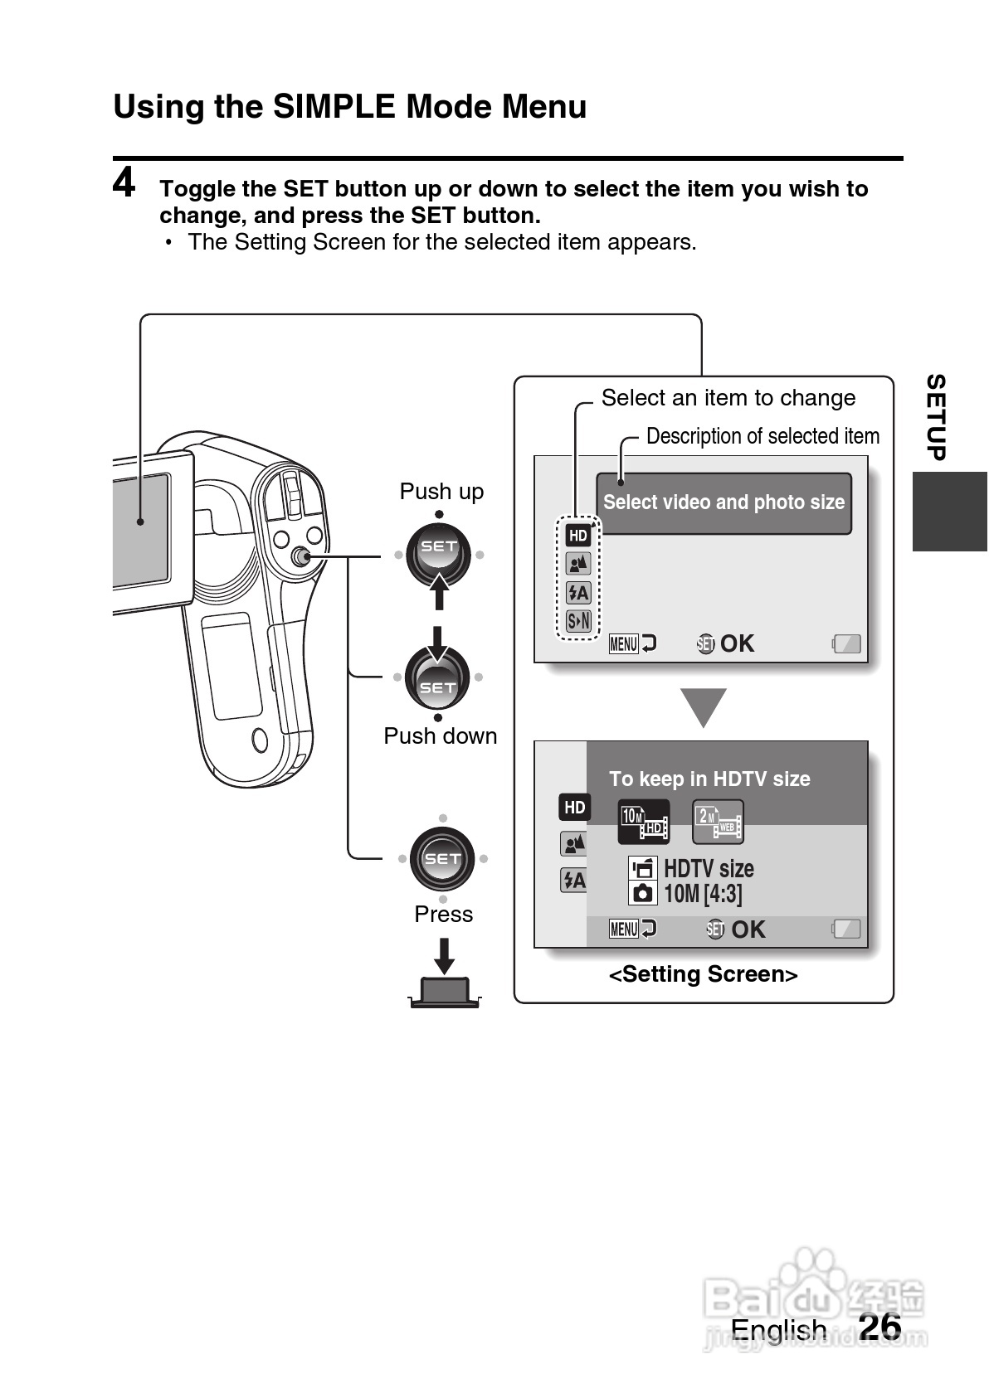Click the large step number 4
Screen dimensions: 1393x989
click(124, 183)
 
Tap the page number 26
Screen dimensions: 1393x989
click(880, 1326)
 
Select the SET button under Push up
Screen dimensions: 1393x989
click(438, 553)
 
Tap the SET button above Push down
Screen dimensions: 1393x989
click(437, 679)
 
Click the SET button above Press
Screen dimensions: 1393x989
click(442, 858)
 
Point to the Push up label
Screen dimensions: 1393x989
click(441, 491)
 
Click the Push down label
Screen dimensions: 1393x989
click(440, 735)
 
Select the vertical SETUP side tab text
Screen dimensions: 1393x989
click(936, 417)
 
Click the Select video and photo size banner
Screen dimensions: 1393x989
click(723, 502)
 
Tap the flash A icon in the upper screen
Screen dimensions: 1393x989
click(578, 592)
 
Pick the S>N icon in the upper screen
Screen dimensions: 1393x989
click(578, 620)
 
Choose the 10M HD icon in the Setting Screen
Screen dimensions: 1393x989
click(644, 822)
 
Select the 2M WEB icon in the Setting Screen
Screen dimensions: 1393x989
click(718, 822)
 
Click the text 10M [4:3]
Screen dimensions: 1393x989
click(703, 894)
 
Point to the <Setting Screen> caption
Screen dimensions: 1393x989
click(703, 974)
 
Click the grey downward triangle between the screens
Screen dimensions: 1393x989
click(704, 706)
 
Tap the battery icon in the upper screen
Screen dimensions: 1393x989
click(847, 643)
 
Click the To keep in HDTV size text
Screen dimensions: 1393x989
click(709, 779)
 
